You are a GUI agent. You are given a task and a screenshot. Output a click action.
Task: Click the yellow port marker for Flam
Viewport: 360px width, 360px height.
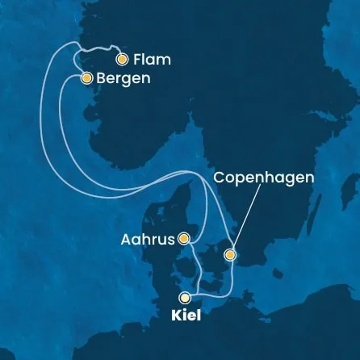pyautogui.click(x=122, y=59)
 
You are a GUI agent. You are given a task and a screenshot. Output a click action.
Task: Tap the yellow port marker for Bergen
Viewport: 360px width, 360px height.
pyautogui.click(x=86, y=78)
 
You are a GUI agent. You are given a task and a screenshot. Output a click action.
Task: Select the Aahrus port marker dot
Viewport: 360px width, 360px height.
pyautogui.click(x=184, y=238)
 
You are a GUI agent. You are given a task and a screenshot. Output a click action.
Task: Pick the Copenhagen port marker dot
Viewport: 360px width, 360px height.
pyautogui.click(x=230, y=256)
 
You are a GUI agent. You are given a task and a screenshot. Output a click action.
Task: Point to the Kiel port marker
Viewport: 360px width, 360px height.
pyautogui.click(x=186, y=297)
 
